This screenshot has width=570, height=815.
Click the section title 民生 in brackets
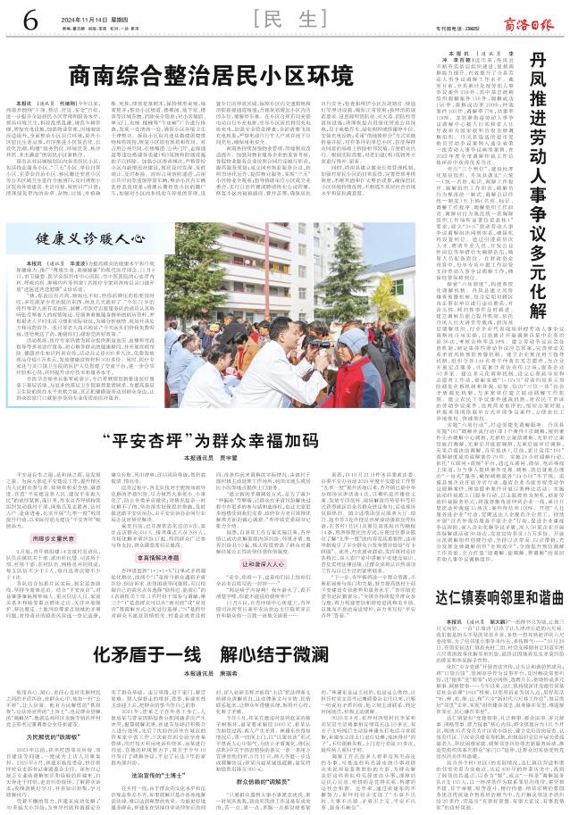click(285, 19)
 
